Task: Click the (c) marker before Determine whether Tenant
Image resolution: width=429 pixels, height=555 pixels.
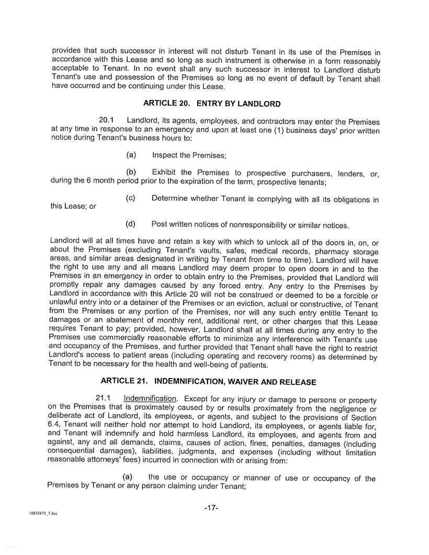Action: click(131, 198)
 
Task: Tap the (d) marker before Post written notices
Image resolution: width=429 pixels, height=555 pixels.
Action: click(131, 224)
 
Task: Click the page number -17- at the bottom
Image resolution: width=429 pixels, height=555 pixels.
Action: click(211, 508)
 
